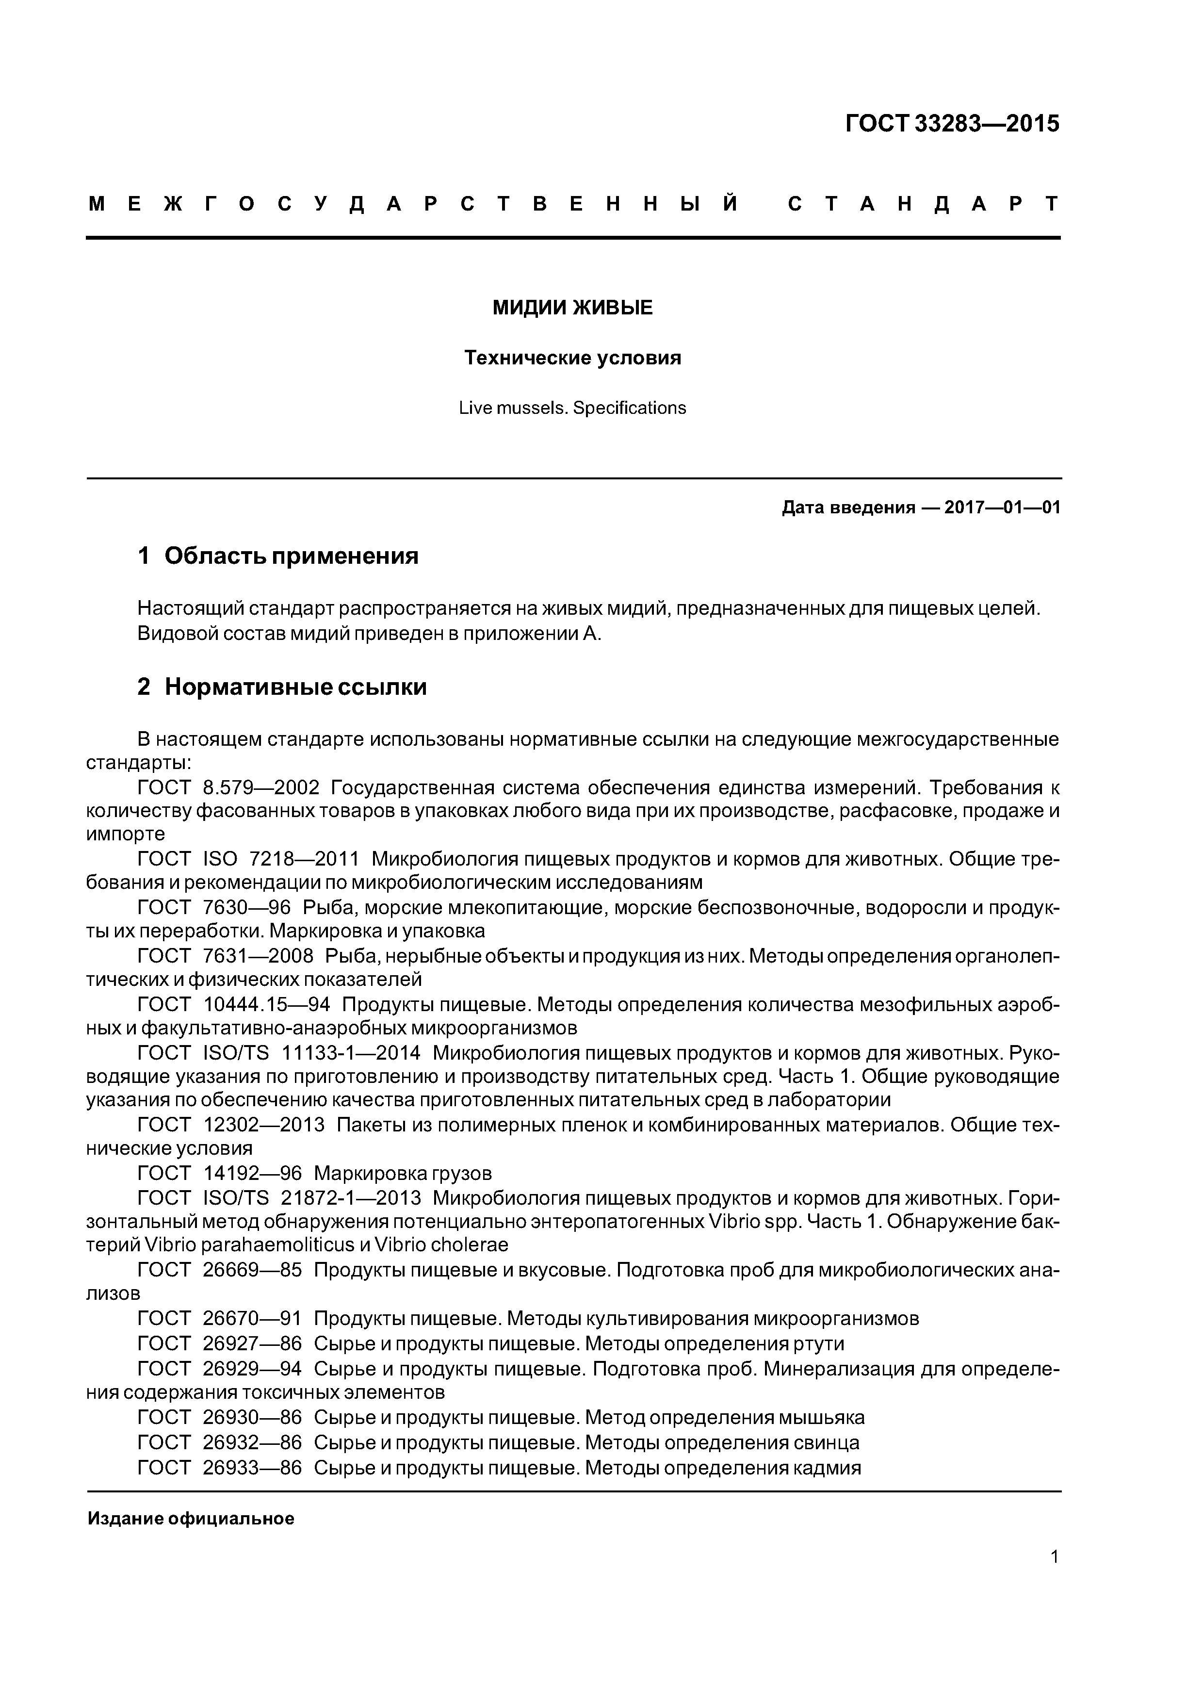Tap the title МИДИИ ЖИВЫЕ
[x=572, y=308]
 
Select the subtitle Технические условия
[x=572, y=358]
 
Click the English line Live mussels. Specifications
[x=572, y=408]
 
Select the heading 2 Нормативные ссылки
[x=282, y=687]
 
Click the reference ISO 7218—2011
[x=280, y=859]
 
